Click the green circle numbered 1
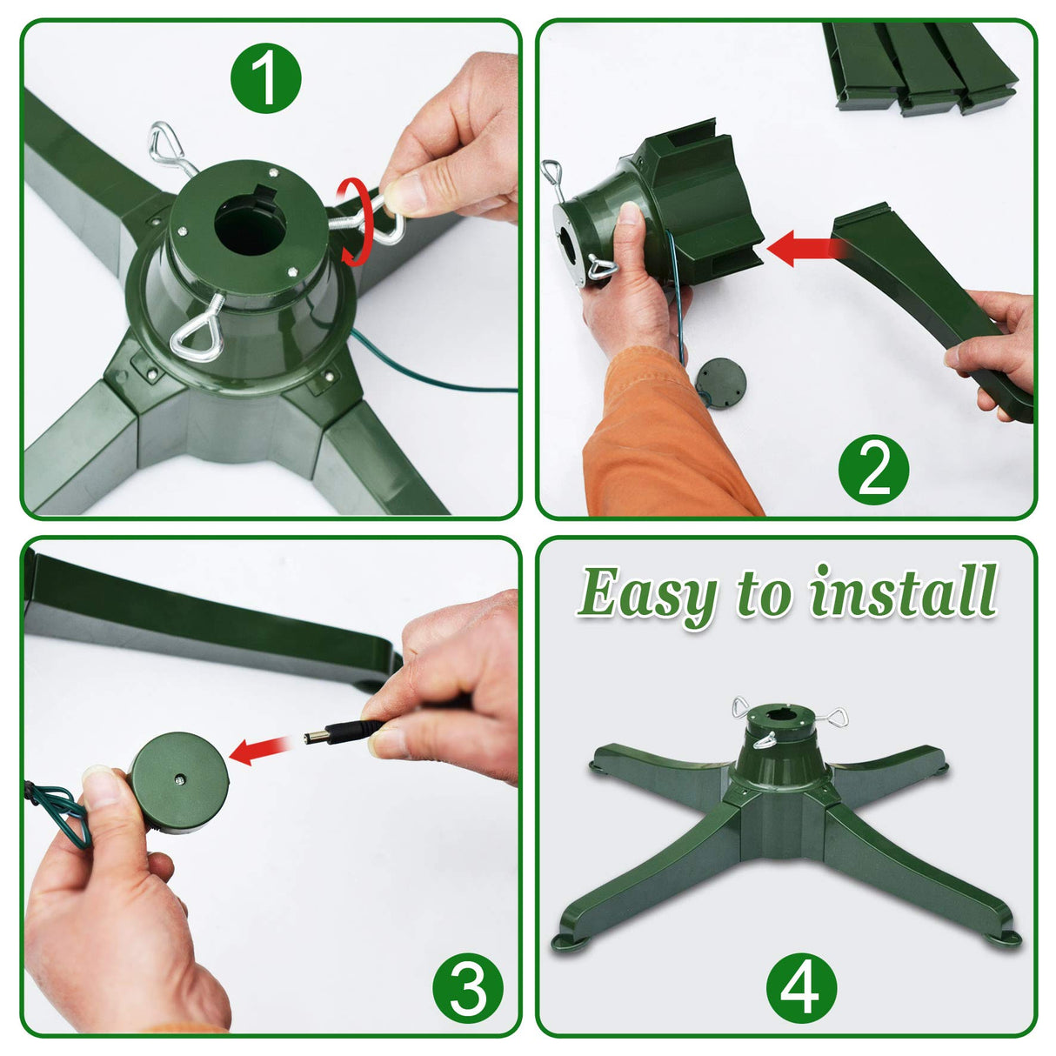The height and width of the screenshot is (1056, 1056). click(265, 79)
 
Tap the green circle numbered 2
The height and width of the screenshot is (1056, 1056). click(872, 471)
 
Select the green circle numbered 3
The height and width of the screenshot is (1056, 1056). click(468, 987)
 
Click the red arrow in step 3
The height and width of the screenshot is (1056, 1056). click(259, 750)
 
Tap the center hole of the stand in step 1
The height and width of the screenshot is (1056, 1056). click(250, 229)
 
